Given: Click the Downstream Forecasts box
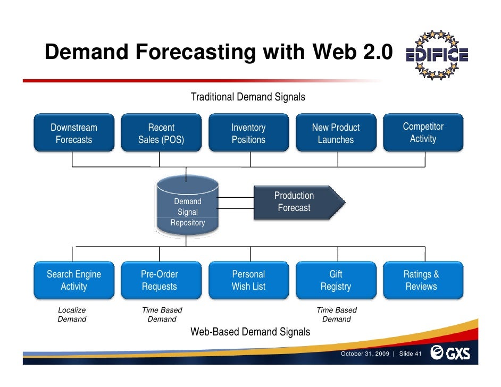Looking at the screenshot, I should tap(74, 133).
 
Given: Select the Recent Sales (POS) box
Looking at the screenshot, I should tap(161, 133).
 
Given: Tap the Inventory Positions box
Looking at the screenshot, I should tap(248, 133).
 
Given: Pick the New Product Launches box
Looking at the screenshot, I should tap(336, 133).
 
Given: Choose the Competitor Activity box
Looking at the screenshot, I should tap(423, 132).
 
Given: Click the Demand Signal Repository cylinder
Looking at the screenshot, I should tap(187, 207).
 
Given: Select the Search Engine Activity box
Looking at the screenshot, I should tap(74, 280).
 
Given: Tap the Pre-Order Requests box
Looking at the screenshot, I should tap(161, 280).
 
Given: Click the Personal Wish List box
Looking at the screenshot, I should tap(248, 280).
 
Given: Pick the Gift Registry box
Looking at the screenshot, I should tap(336, 280).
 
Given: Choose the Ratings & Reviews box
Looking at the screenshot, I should tap(423, 280).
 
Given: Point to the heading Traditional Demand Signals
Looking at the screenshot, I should tap(248, 97).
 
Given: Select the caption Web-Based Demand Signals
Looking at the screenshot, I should tap(250, 332).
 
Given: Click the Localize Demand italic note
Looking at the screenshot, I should tap(72, 315).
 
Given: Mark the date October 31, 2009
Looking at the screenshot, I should tap(365, 354).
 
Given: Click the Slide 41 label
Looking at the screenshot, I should tap(410, 354).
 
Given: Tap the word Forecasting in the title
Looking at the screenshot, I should tap(195, 52).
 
